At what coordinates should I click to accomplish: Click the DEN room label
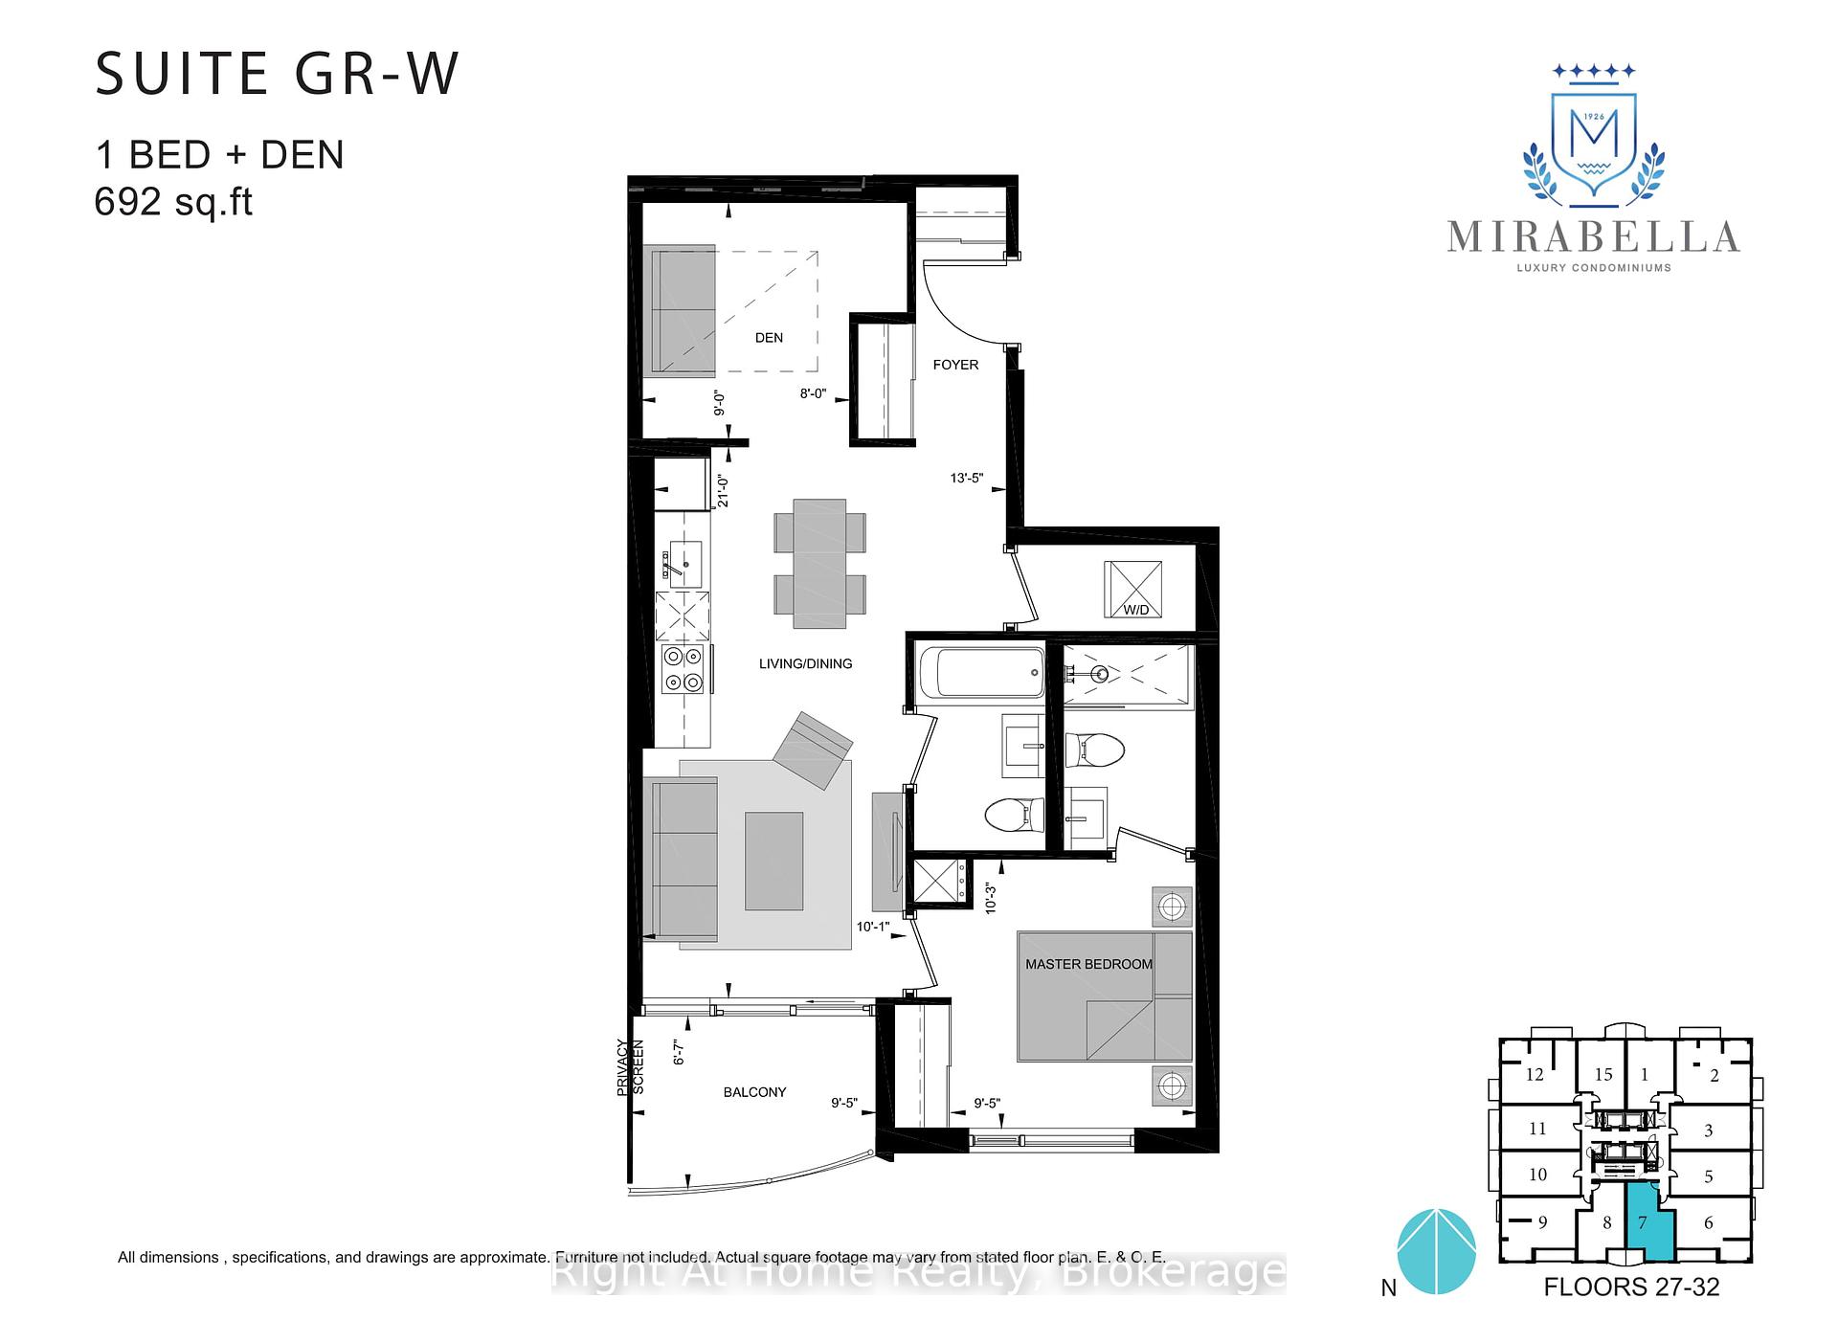point(769,338)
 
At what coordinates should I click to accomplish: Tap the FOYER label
point(955,365)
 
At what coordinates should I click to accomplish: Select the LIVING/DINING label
point(805,663)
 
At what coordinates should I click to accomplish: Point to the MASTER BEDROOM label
point(1088,964)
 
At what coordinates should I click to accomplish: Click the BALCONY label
point(754,1092)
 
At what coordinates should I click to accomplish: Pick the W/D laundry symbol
point(1133,589)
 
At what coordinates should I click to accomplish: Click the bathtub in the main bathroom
point(980,672)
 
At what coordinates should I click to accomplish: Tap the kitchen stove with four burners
point(684,669)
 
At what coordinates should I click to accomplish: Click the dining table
point(819,564)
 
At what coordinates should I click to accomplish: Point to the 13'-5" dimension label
point(967,478)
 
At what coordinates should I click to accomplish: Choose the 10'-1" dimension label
point(873,927)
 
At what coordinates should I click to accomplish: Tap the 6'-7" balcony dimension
point(680,1052)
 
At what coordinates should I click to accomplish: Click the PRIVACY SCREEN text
point(630,1066)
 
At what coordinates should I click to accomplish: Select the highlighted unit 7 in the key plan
point(1650,1225)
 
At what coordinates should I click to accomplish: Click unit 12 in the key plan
point(1535,1074)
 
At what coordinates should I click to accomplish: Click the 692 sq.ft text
point(173,202)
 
